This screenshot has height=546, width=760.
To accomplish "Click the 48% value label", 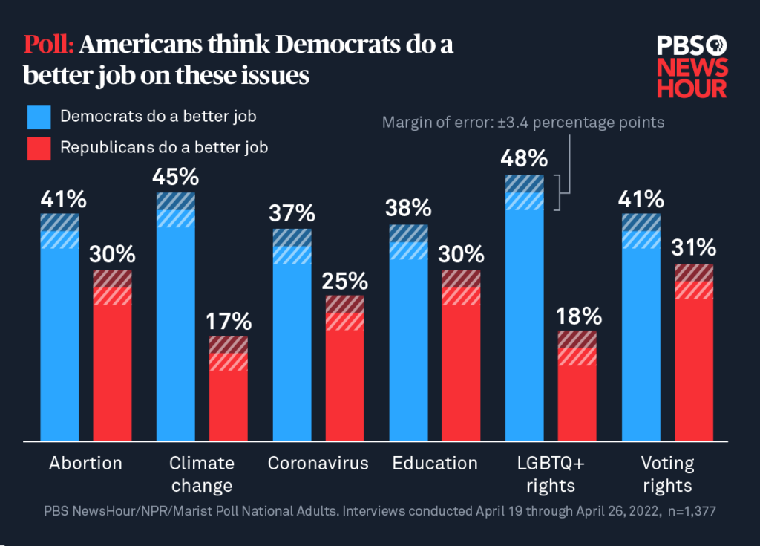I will point(525,158).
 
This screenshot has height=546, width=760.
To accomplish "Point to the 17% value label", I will point(229,322).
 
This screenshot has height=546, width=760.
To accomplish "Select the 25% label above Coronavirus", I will point(345,281).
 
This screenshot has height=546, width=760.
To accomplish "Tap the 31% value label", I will point(695,248).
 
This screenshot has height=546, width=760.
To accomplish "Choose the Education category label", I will point(435,464).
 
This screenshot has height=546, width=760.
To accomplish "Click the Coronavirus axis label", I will point(318,464).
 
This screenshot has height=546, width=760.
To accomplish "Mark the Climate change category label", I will point(202,475).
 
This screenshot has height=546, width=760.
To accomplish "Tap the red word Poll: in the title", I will point(48,45).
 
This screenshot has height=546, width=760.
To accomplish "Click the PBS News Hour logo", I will point(692,67).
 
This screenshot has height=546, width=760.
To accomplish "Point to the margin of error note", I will point(523,122).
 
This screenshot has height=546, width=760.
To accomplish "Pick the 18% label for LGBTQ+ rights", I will point(577,316).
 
